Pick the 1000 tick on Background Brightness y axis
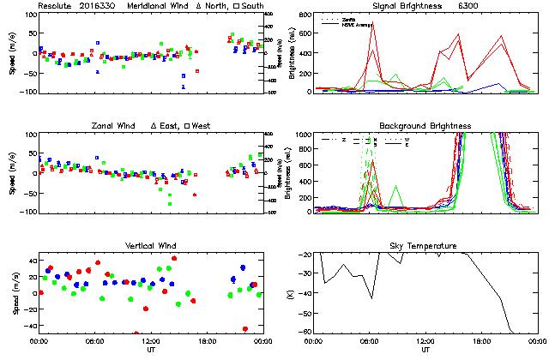pos(305,135)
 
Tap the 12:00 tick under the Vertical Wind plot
pos(149,341)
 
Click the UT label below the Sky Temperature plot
pos(425,351)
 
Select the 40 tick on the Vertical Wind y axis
pos(30,260)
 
